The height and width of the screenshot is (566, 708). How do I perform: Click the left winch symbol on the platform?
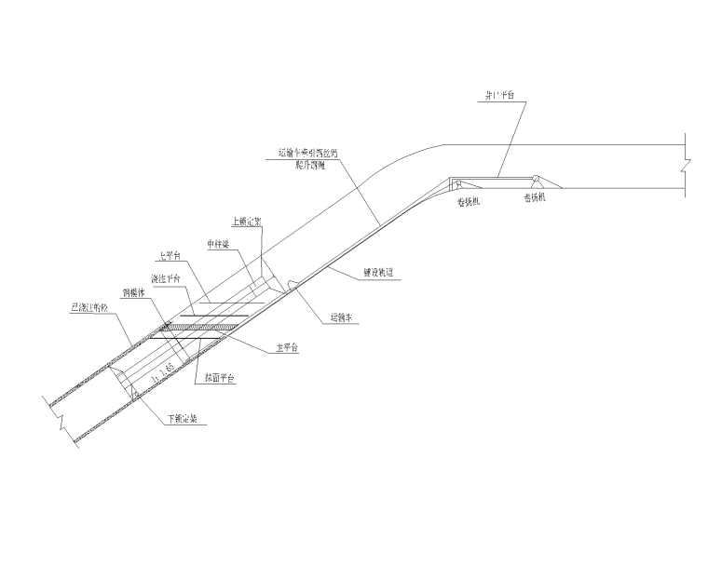[x=458, y=182]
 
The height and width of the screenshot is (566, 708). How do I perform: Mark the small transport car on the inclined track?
[x=292, y=283]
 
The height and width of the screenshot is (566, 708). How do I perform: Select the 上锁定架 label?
[x=246, y=222]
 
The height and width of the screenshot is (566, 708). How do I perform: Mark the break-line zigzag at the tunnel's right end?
[x=687, y=165]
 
